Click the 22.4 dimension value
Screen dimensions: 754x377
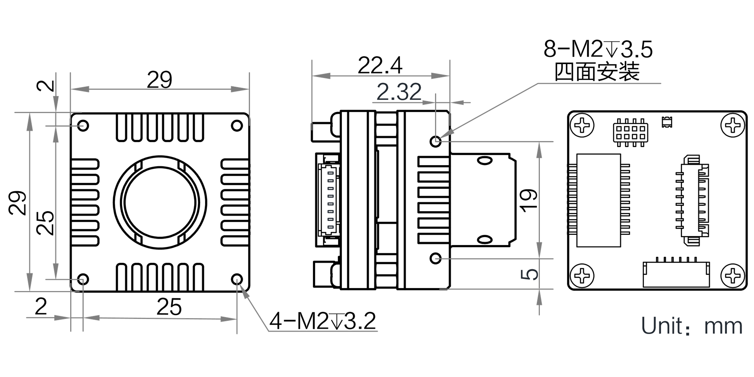click(x=380, y=66)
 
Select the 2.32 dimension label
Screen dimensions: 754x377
click(x=399, y=92)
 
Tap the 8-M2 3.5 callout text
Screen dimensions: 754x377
click(x=598, y=49)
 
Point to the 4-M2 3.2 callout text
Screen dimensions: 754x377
click(x=323, y=321)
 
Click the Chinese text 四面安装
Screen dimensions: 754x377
click(x=597, y=72)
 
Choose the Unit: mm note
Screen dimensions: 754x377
click(x=692, y=326)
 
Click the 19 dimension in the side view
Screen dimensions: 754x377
click(x=528, y=200)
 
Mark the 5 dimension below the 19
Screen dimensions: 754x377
click(x=529, y=274)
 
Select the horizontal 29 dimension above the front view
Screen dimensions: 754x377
click(x=159, y=80)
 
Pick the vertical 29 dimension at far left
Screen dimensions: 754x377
click(x=18, y=203)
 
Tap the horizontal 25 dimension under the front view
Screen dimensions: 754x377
click(x=169, y=307)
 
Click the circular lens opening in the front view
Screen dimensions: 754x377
click(x=160, y=202)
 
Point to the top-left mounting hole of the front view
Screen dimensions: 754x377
click(x=83, y=125)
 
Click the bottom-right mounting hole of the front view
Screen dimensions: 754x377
click(x=237, y=279)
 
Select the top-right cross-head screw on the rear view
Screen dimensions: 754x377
click(x=733, y=125)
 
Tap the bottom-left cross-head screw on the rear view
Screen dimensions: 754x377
click(x=582, y=276)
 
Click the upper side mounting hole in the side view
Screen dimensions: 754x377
click(x=436, y=141)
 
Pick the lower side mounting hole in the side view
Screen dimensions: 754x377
click(x=436, y=259)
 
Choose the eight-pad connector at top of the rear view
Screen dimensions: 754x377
click(x=630, y=133)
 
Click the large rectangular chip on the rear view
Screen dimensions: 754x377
click(x=599, y=200)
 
